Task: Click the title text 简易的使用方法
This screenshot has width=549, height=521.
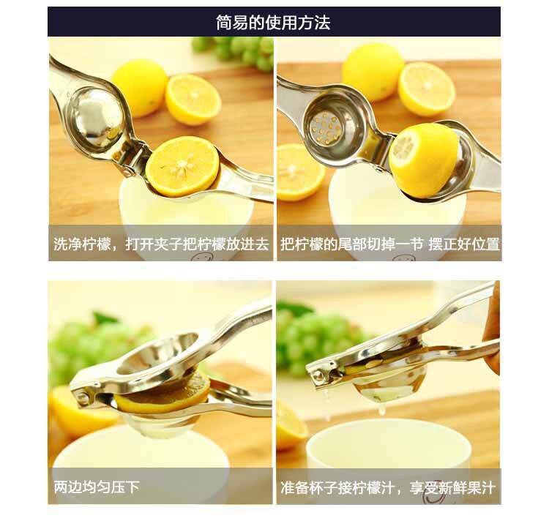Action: click(x=273, y=23)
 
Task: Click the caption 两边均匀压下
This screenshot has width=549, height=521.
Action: click(x=97, y=487)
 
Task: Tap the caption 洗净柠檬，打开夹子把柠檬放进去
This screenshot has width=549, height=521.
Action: click(x=161, y=244)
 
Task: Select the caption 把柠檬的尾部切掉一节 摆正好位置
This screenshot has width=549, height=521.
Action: click(x=389, y=244)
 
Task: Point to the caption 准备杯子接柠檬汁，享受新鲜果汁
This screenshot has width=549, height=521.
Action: click(x=388, y=487)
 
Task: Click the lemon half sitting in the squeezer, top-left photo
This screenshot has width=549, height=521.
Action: click(x=182, y=167)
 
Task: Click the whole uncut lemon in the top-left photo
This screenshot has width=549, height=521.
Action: click(x=140, y=88)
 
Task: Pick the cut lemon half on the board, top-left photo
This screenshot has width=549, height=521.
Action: click(x=193, y=100)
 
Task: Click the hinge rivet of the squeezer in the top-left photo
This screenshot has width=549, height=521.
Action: click(x=129, y=171)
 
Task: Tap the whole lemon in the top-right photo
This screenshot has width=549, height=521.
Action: click(x=373, y=72)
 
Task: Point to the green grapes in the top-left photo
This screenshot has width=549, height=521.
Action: click(x=234, y=52)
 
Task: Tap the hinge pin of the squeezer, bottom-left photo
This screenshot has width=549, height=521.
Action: click(x=82, y=397)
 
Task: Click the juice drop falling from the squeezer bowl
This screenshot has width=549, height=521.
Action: click(x=382, y=409)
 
